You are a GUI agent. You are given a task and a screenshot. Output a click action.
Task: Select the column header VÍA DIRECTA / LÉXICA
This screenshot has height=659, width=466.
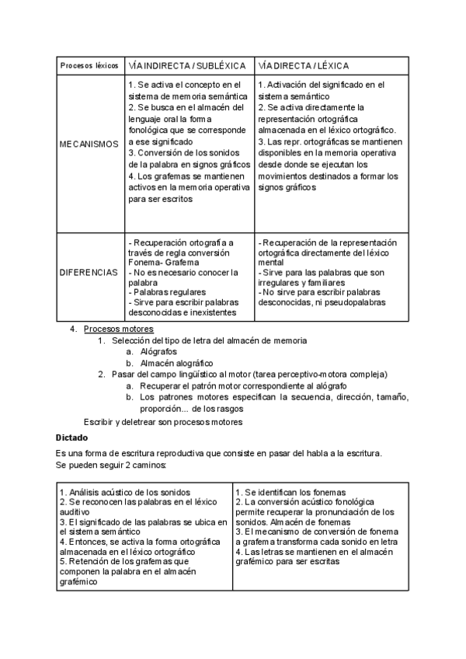tap(303, 66)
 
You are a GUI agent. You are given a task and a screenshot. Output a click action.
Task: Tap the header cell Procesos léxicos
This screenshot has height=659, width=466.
tap(89, 66)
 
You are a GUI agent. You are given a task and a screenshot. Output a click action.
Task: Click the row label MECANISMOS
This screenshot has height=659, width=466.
tap(89, 144)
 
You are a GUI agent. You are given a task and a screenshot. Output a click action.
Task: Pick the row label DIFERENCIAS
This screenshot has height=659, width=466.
tap(89, 274)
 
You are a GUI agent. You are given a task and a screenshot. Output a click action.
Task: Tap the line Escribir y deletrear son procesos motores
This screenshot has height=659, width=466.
tap(163, 421)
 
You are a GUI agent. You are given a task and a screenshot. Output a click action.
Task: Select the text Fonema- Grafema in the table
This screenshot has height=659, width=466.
tap(162, 263)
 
